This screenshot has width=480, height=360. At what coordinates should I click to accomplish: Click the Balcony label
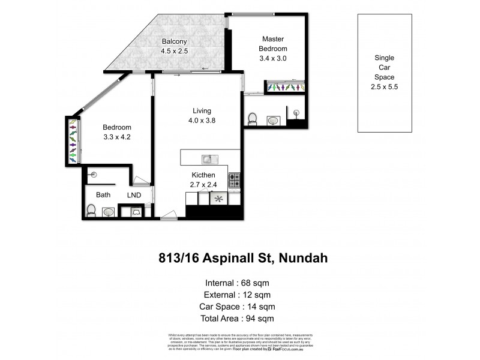pyautogui.click(x=174, y=41)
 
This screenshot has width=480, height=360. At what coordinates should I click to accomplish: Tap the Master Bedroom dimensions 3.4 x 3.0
pyautogui.click(x=273, y=59)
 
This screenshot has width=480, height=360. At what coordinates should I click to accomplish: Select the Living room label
pyautogui.click(x=202, y=110)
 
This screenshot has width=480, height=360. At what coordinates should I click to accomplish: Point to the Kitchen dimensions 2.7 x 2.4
pyautogui.click(x=204, y=185)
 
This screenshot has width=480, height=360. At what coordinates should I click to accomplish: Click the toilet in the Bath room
pyautogui.click(x=91, y=210)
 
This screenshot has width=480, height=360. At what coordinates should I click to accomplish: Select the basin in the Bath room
pyautogui.click(x=109, y=212)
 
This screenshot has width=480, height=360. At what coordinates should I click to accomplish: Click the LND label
pyautogui.click(x=133, y=195)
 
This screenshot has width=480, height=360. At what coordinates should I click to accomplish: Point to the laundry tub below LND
pyautogui.click(x=136, y=212)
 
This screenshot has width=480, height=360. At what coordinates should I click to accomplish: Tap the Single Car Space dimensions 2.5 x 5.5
pyautogui.click(x=384, y=86)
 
